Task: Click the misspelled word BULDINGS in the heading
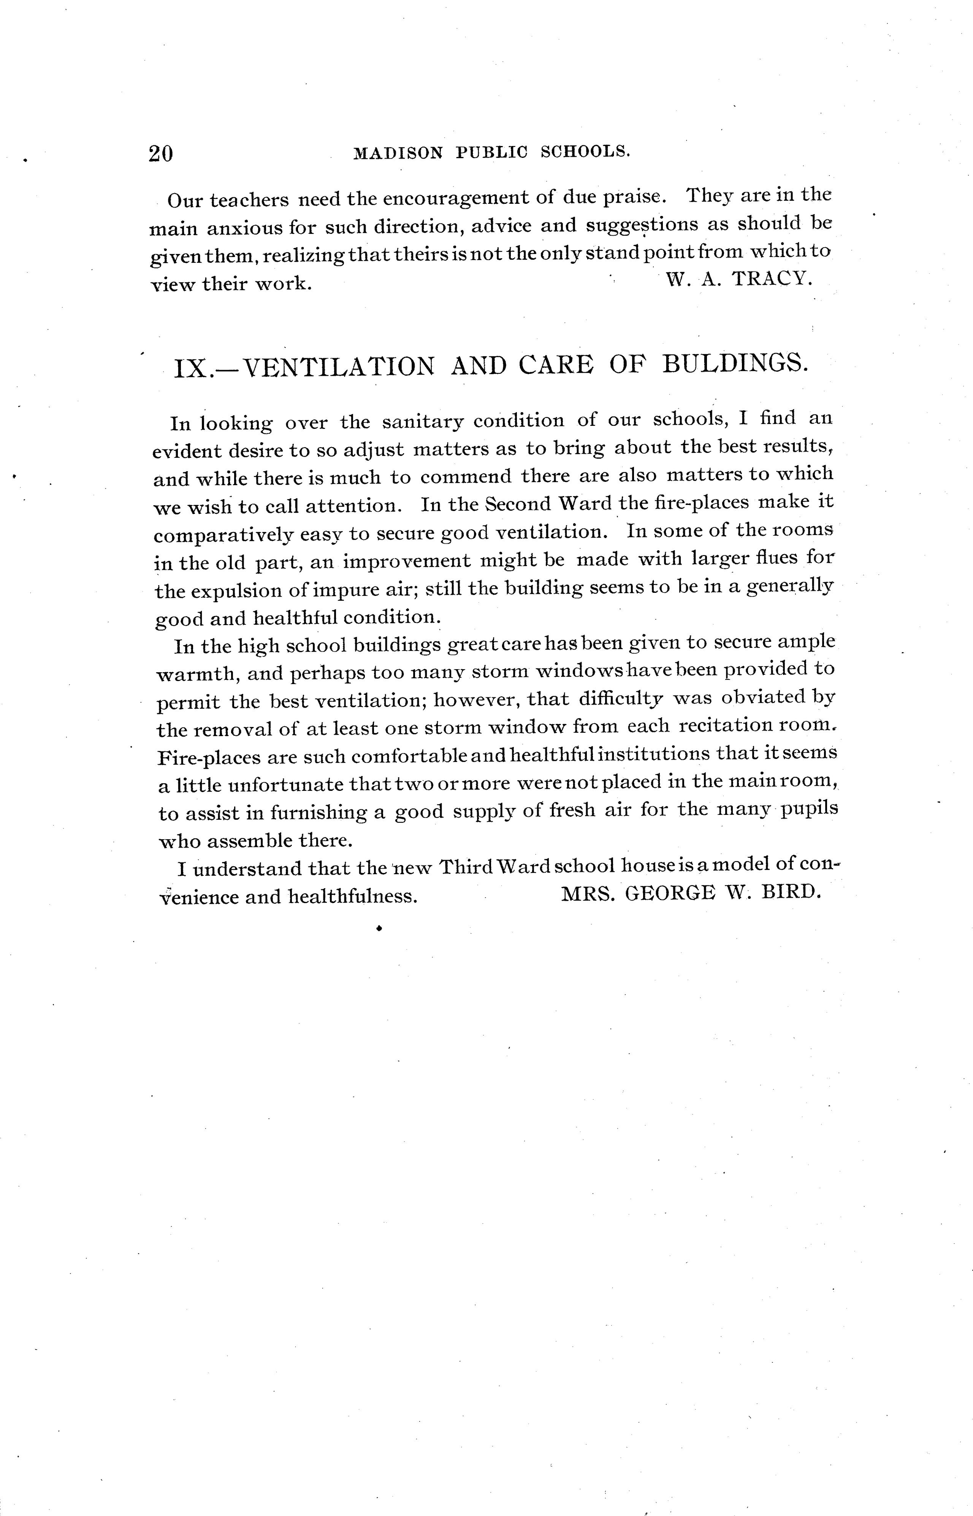734,364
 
